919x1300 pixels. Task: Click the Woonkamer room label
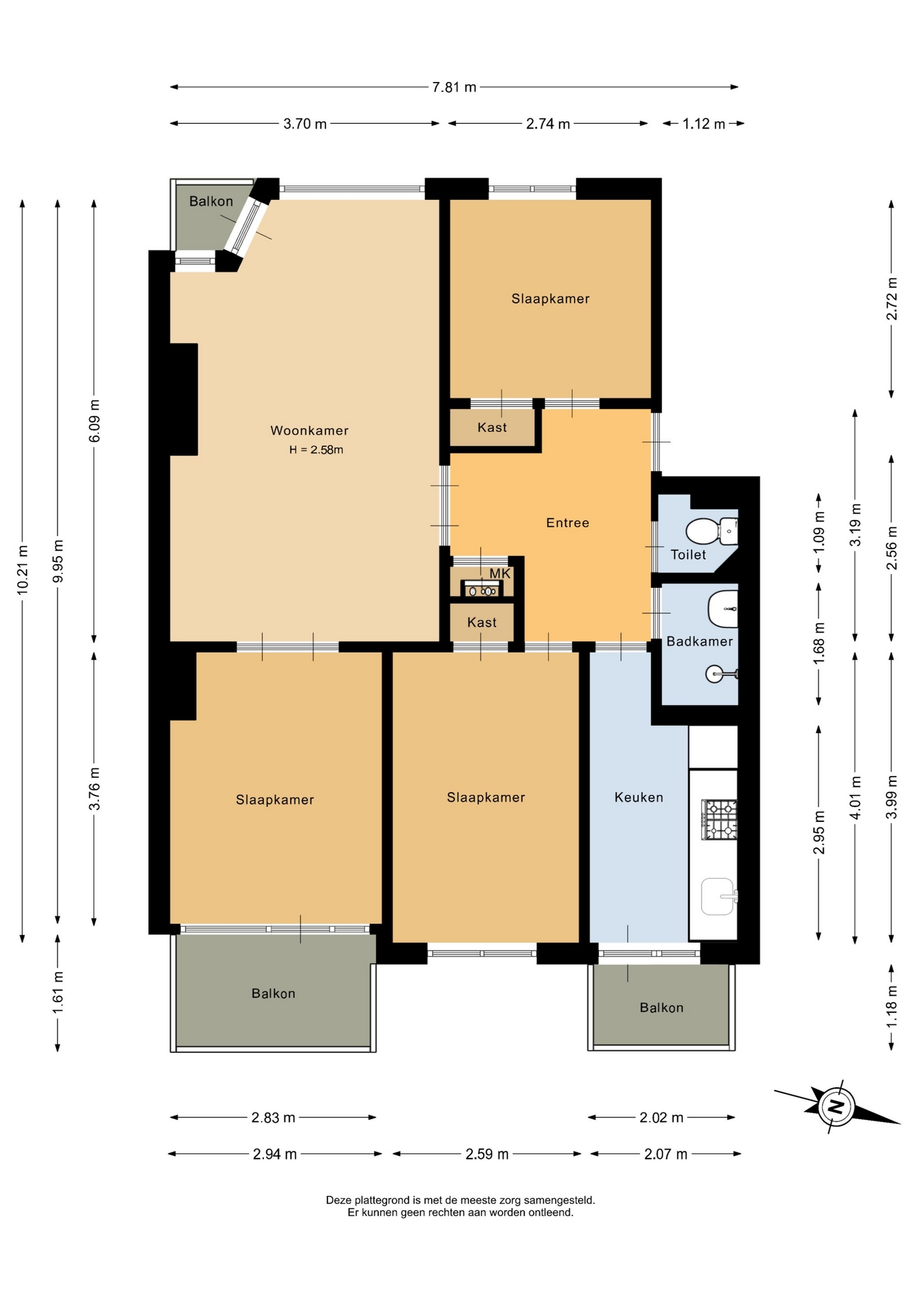click(309, 431)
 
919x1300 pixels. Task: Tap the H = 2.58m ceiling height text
click(316, 450)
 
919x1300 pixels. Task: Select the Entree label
click(568, 523)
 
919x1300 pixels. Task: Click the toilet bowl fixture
click(711, 531)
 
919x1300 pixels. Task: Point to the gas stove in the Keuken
click(719, 820)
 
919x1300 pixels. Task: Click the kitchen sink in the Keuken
click(719, 896)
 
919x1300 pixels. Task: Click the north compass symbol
click(837, 1108)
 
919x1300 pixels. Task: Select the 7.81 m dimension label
click(454, 87)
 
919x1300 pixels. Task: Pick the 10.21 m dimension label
click(22, 570)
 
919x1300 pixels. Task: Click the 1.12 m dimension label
click(703, 124)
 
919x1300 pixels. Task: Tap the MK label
click(500, 573)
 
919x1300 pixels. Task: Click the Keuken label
click(639, 798)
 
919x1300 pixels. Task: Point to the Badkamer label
click(700, 641)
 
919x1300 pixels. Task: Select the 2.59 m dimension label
click(487, 1154)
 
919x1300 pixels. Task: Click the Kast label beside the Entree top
click(492, 427)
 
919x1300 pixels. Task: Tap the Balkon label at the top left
click(211, 201)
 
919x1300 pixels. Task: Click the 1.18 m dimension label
click(892, 1006)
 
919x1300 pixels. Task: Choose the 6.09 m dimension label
click(94, 421)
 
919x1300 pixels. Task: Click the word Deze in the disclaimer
click(340, 1200)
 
